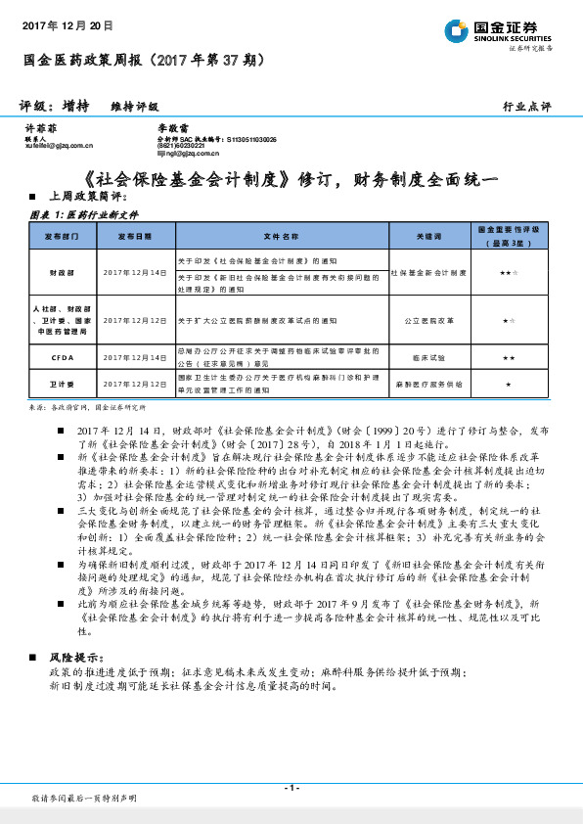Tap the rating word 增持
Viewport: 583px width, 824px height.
[80, 106]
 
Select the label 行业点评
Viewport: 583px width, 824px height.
[527, 106]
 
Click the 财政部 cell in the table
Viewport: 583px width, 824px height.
[61, 272]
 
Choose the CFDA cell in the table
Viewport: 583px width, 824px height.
[61, 358]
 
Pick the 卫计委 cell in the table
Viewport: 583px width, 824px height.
[61, 385]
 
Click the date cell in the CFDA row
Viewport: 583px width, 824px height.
[136, 358]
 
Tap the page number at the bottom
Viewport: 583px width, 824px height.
[291, 787]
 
